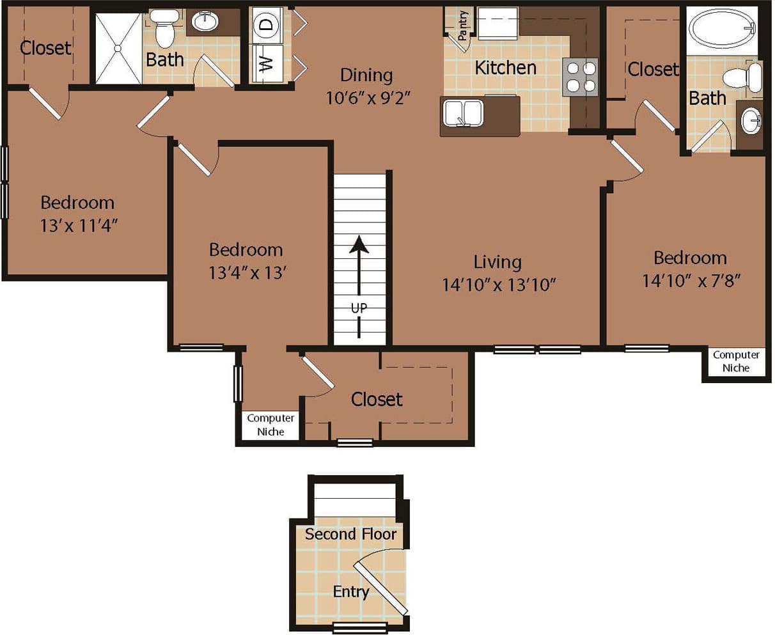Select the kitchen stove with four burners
click(x=581, y=77)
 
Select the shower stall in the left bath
click(x=118, y=48)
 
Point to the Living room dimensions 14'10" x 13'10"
click(x=498, y=285)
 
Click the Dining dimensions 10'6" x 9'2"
click(x=366, y=98)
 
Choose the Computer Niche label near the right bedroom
click(x=736, y=361)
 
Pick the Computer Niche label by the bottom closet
click(x=270, y=425)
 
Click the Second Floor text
click(x=350, y=534)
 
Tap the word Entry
click(x=350, y=592)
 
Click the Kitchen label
click(x=505, y=67)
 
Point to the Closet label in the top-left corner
click(x=45, y=47)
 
